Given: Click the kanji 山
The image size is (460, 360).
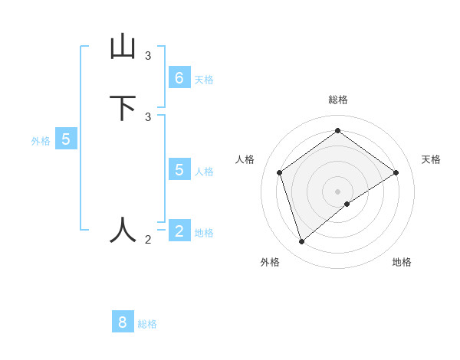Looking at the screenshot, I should pyautogui.click(x=123, y=47).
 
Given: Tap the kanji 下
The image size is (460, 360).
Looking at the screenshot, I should pyautogui.click(x=123, y=108).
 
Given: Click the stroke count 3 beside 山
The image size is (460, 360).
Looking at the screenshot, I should pyautogui.click(x=148, y=56).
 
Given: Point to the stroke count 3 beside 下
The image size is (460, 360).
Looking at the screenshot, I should pyautogui.click(x=148, y=117).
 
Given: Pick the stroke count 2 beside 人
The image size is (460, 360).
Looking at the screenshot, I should pyautogui.click(x=148, y=240).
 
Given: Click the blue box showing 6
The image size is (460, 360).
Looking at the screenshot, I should pyautogui.click(x=179, y=78).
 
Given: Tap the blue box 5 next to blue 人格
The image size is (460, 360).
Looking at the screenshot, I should pyautogui.click(x=179, y=170).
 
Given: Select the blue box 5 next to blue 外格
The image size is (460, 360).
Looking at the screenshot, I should pyautogui.click(x=66, y=139).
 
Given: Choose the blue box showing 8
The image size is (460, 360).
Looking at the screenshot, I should pyautogui.click(x=123, y=322).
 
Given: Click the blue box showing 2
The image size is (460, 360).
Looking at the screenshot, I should pyautogui.click(x=179, y=231).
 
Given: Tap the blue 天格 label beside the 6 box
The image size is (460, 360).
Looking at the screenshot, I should pyautogui.click(x=204, y=79).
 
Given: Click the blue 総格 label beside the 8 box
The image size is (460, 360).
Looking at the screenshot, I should pyautogui.click(x=147, y=324).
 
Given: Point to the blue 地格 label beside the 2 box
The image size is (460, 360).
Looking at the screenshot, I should pyautogui.click(x=204, y=233).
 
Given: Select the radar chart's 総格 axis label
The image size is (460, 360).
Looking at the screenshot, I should pyautogui.click(x=338, y=100).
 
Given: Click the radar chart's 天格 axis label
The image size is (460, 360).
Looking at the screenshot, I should pyautogui.click(x=432, y=159).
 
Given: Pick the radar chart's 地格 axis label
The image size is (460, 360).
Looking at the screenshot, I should pyautogui.click(x=402, y=262).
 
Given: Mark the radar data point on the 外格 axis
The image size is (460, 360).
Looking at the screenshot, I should pyautogui.click(x=302, y=242).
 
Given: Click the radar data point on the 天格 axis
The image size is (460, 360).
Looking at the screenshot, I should pyautogui.click(x=396, y=172).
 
